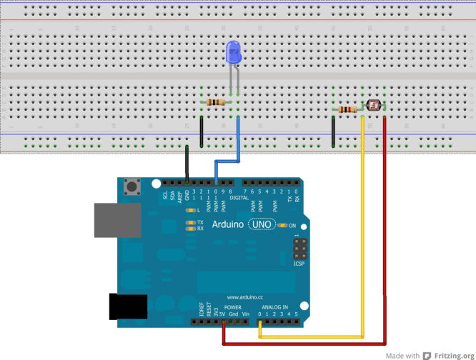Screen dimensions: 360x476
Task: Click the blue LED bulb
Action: point(233,51)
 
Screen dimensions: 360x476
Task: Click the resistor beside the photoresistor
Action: point(348,109)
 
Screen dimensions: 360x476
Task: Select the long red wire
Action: point(385,236)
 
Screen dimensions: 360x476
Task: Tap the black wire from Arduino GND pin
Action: point(187,163)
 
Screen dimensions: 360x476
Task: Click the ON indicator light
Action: point(284,226)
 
